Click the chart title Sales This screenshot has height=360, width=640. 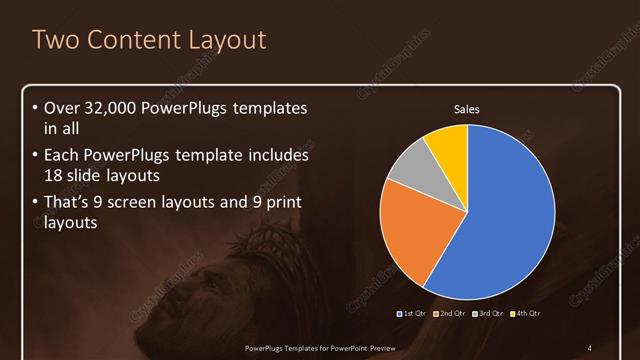(467, 110)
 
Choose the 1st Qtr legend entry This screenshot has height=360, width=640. (412, 314)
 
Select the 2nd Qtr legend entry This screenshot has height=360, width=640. (450, 314)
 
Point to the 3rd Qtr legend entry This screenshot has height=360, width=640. (488, 314)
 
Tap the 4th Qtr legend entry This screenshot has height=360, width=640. (526, 314)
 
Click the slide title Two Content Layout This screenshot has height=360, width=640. (149, 40)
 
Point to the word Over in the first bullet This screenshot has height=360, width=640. (61, 108)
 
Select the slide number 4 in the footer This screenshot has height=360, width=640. (589, 347)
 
